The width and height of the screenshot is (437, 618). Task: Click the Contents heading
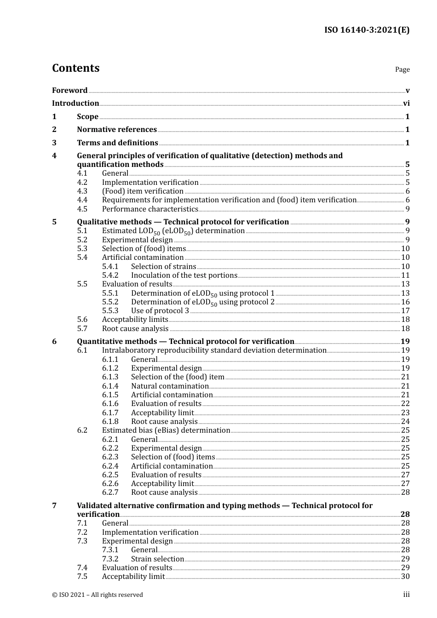(x=75, y=68)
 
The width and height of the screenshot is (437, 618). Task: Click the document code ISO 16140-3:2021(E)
(x=367, y=30)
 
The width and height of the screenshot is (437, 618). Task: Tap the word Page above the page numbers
(x=402, y=69)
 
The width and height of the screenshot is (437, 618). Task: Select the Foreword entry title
(x=69, y=91)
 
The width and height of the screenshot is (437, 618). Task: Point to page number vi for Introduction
(x=406, y=103)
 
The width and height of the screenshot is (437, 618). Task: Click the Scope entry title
(x=87, y=117)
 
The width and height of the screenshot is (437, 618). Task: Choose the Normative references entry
(x=117, y=130)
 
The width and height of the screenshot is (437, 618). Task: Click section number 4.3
(x=82, y=191)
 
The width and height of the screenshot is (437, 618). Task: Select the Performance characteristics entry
(x=149, y=209)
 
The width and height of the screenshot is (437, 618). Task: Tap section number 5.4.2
(x=110, y=275)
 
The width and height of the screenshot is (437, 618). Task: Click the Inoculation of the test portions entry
(x=184, y=275)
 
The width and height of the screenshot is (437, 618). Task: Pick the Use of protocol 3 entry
(x=160, y=311)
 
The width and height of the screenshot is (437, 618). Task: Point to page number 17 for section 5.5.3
(x=405, y=311)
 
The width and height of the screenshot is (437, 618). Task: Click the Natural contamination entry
(x=170, y=386)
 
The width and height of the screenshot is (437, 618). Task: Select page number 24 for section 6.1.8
(x=405, y=422)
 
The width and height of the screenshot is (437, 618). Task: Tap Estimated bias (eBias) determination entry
(x=166, y=430)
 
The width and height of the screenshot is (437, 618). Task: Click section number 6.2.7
(x=110, y=492)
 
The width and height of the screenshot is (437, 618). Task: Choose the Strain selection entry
(x=157, y=559)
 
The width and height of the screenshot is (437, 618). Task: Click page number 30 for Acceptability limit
(x=405, y=577)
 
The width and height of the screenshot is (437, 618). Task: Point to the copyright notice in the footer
(x=98, y=595)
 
